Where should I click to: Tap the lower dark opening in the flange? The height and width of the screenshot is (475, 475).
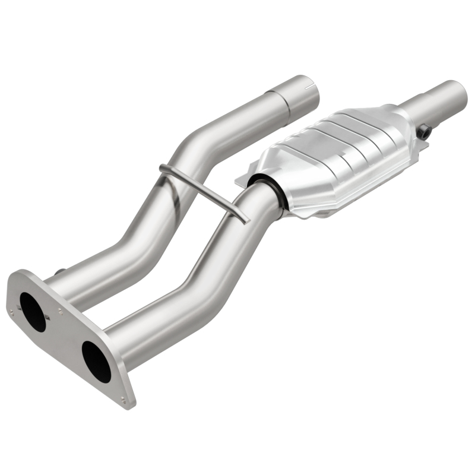click(x=96, y=361)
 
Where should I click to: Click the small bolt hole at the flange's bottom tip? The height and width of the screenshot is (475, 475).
click(x=123, y=399)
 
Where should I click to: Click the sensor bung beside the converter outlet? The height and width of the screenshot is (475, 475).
click(x=423, y=132)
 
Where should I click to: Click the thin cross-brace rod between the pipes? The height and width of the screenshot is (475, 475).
click(x=205, y=190)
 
